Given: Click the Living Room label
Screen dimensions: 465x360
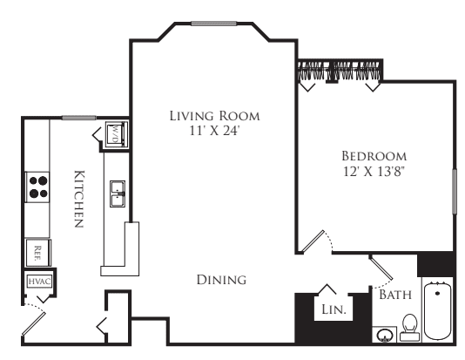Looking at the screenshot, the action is [x=214, y=116].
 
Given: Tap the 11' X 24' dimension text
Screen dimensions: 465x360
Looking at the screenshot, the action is [x=214, y=131].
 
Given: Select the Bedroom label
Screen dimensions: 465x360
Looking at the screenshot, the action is [x=374, y=156].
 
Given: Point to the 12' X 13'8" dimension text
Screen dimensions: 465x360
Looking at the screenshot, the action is [x=374, y=171].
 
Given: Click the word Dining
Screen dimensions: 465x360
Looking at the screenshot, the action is [x=221, y=280].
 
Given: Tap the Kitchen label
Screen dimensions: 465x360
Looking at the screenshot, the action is [x=79, y=199].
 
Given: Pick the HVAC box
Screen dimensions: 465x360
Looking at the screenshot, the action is [x=40, y=281].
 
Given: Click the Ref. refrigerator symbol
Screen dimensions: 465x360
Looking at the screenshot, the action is [x=38, y=253].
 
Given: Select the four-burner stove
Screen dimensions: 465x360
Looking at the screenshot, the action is [x=37, y=187].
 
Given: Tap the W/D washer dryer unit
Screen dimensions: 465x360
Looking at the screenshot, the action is [x=117, y=134].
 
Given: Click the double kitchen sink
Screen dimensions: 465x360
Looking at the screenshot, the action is [x=118, y=194].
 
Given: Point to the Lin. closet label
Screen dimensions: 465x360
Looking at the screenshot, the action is [x=334, y=309].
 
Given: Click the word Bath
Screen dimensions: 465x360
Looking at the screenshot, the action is [x=395, y=295].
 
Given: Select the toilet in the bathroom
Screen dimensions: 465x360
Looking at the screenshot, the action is [x=410, y=328].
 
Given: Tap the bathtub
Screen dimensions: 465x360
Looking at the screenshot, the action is [x=438, y=310].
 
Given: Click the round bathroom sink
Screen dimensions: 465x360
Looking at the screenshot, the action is [x=385, y=336].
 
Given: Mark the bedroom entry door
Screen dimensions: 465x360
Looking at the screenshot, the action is [x=313, y=241].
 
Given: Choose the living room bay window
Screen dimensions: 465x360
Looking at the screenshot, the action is [x=214, y=24].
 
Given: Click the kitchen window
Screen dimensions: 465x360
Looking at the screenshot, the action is [x=79, y=118].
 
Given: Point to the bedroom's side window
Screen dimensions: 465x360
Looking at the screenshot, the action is [x=454, y=191].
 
